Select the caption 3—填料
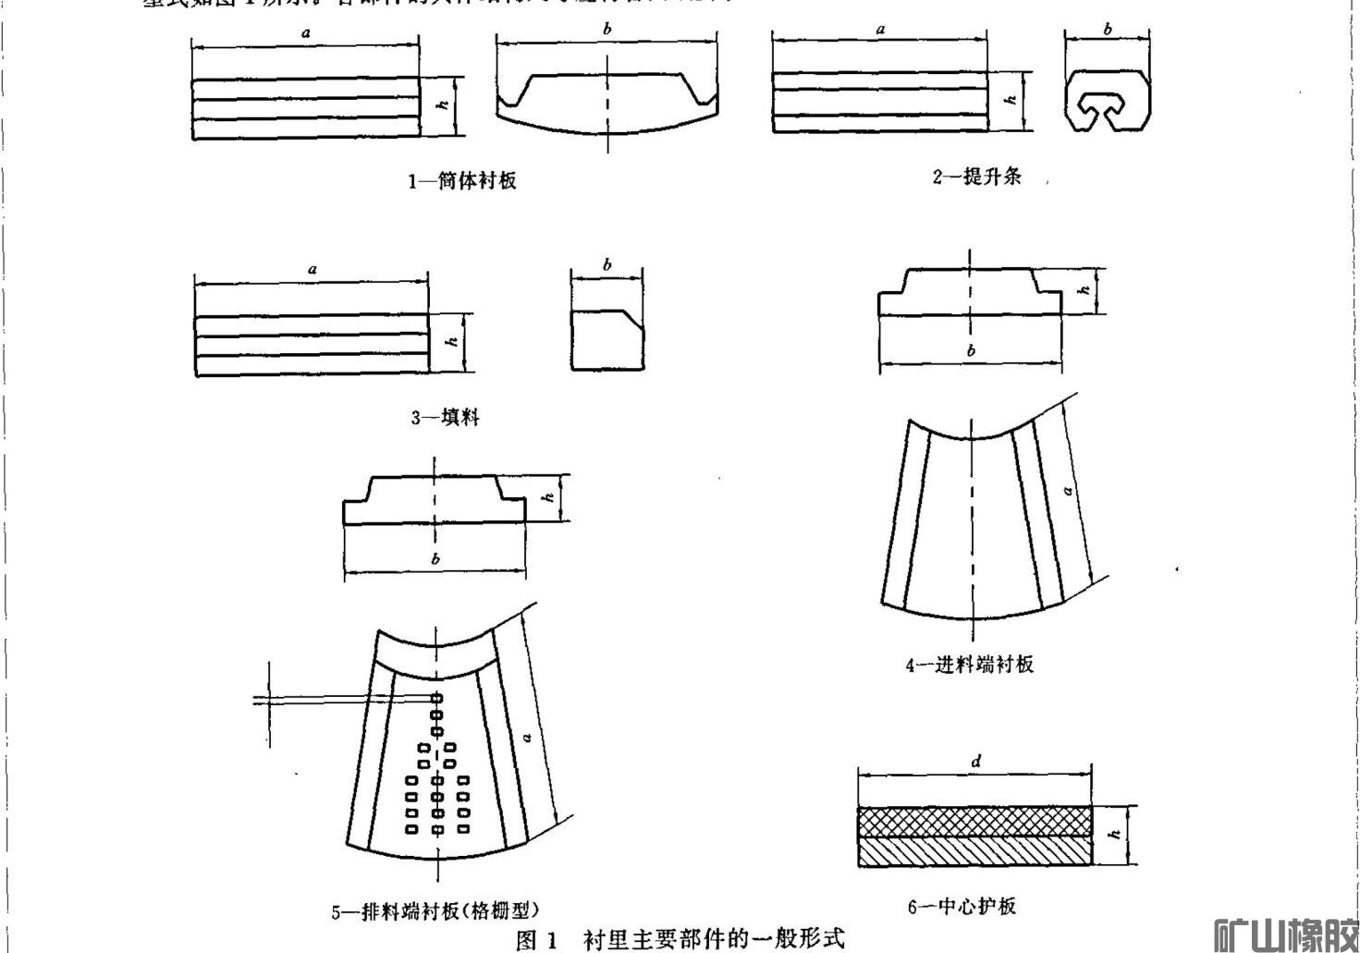coord(445,418)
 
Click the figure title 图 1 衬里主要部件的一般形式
coord(680,939)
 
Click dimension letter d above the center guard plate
coord(976,763)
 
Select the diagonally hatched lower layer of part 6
coord(975,852)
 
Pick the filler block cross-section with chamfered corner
coord(607,341)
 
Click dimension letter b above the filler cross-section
coord(607,266)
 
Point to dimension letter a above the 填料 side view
coord(312,269)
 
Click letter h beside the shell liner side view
coord(444,106)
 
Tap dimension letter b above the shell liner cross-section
coord(606,30)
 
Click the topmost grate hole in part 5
coord(435,697)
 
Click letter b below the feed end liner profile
coord(971,350)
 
